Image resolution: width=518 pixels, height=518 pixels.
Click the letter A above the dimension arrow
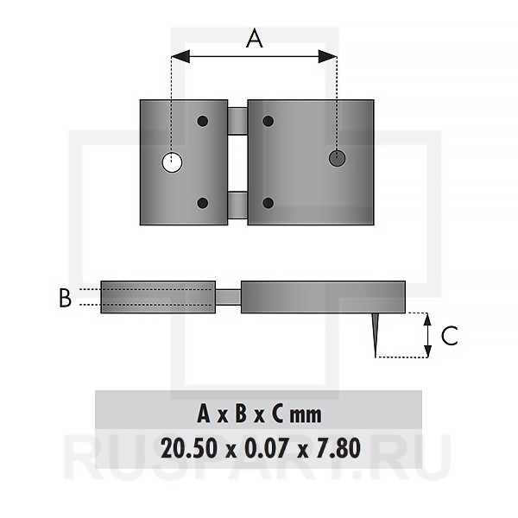pos(255,38)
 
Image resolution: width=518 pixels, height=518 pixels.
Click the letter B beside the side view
pos(65,298)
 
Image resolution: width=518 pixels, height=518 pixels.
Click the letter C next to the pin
pos(449,336)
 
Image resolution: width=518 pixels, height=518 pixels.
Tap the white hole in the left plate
pos(172,162)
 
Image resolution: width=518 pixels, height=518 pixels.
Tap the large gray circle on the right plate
pos(337,158)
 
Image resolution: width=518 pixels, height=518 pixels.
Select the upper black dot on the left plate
pos(203,121)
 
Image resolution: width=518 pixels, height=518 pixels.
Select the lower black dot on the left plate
pos(203,203)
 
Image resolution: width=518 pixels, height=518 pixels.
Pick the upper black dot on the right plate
pos(268,121)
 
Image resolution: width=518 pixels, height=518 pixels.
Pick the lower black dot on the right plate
pos(268,203)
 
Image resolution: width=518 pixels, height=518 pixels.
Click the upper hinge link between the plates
pos(237,121)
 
